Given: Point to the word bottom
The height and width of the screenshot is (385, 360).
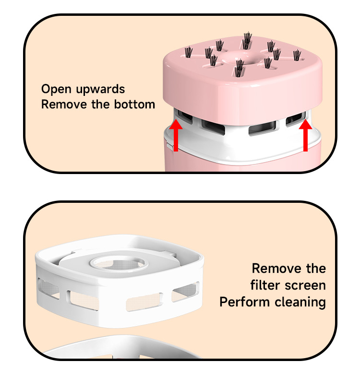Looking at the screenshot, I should coord(134,104).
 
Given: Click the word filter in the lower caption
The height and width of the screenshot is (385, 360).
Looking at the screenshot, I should coord(265,285).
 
